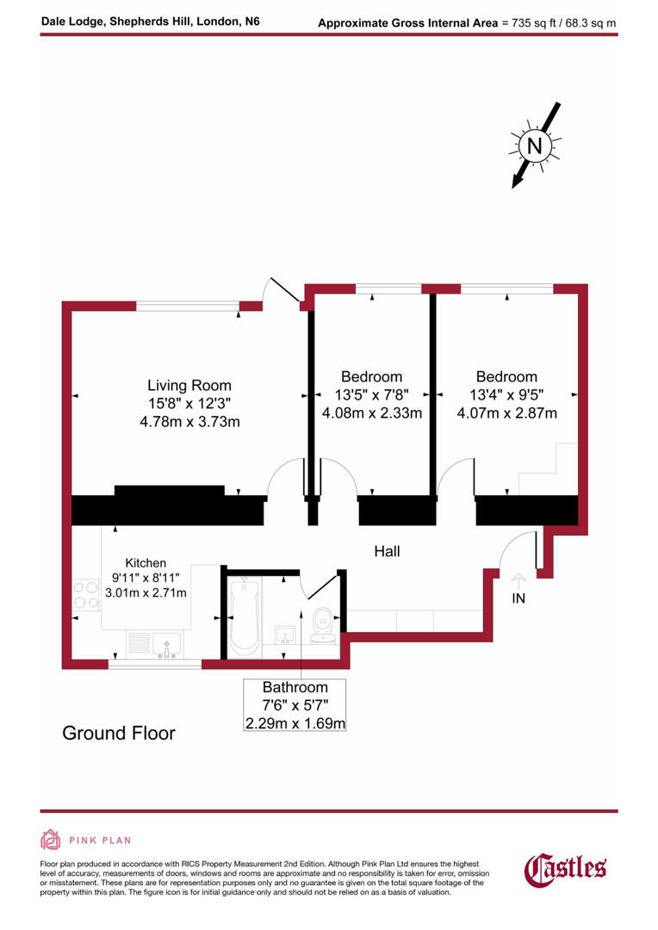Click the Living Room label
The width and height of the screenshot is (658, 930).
[189, 386]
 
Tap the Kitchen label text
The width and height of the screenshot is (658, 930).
[146, 563]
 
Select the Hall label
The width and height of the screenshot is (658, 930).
[387, 551]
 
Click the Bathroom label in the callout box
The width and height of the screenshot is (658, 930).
[295, 687]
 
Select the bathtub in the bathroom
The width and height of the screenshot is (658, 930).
[245, 616]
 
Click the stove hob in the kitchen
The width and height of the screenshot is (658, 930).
[86, 592]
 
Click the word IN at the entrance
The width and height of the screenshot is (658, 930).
[518, 598]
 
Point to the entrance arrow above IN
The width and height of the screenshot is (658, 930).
[518, 580]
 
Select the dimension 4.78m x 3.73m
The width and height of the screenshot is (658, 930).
[189, 422]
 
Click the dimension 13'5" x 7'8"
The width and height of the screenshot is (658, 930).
[372, 395]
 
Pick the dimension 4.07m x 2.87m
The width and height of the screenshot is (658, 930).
[506, 413]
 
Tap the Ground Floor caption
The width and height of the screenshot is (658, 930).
[119, 734]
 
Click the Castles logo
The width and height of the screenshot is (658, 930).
[566, 868]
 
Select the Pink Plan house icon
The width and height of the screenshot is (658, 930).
[51, 840]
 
